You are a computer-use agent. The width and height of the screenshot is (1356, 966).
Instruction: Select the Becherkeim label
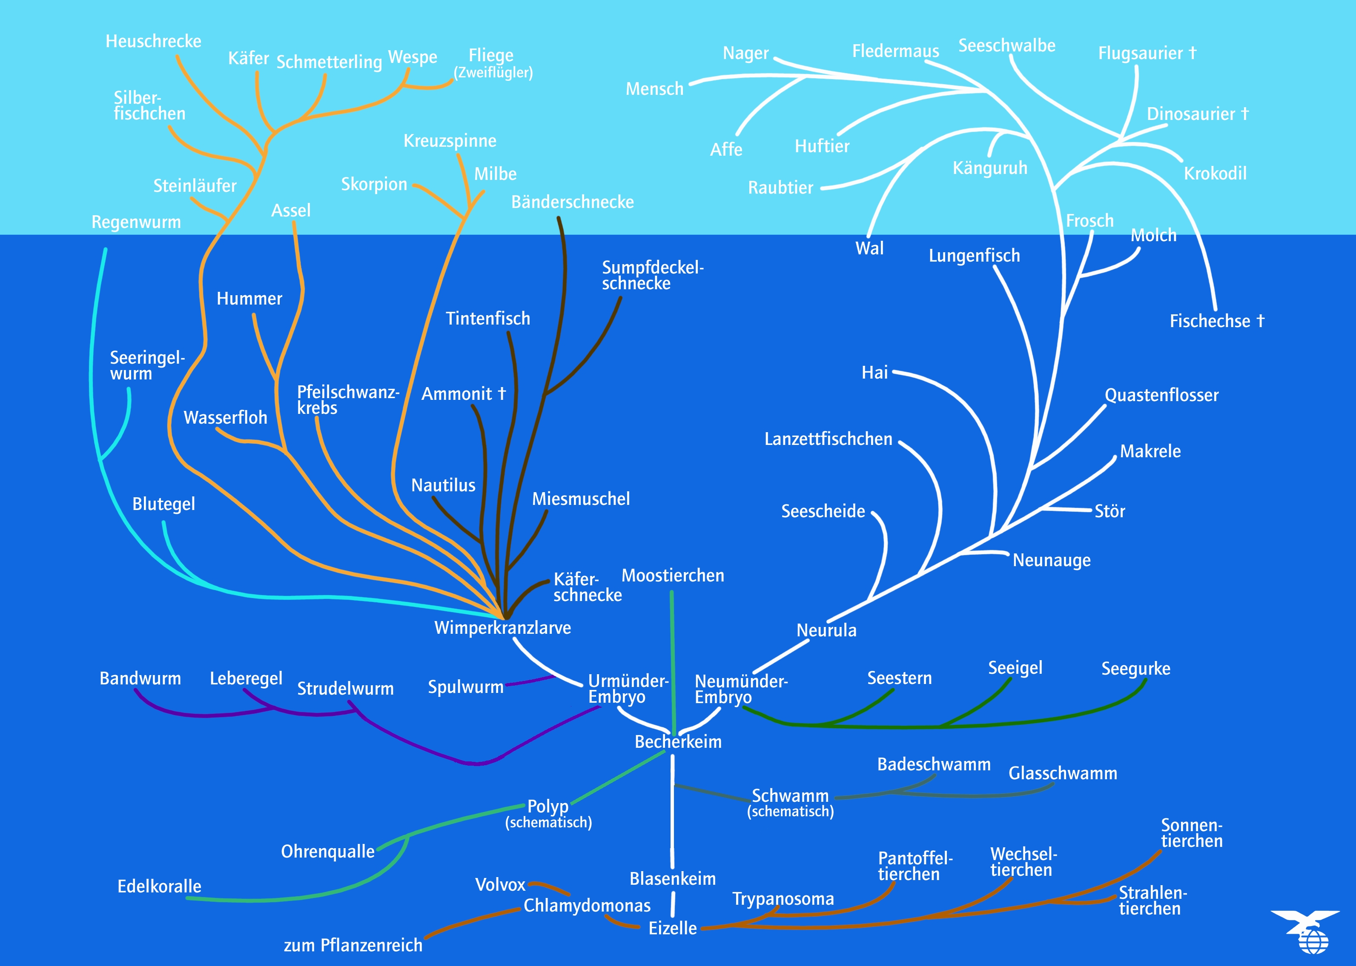(x=678, y=742)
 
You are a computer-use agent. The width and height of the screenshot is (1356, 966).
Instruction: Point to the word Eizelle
(x=672, y=928)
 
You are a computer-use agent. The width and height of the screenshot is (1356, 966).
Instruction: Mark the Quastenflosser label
(x=1161, y=395)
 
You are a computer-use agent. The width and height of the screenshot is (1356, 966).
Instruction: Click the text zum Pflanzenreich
(x=353, y=945)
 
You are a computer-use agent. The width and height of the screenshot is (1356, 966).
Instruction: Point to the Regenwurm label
(x=136, y=222)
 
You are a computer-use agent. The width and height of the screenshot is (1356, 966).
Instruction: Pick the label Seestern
(x=899, y=678)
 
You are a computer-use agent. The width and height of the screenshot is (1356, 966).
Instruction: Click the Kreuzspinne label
(x=450, y=141)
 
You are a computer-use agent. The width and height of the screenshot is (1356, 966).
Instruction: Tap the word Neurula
(x=826, y=630)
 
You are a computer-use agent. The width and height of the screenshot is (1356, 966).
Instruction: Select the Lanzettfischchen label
(x=828, y=439)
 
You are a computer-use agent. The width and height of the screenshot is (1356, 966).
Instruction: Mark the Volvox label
(x=500, y=884)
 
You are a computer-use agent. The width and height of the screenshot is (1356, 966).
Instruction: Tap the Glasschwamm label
(x=1063, y=773)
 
